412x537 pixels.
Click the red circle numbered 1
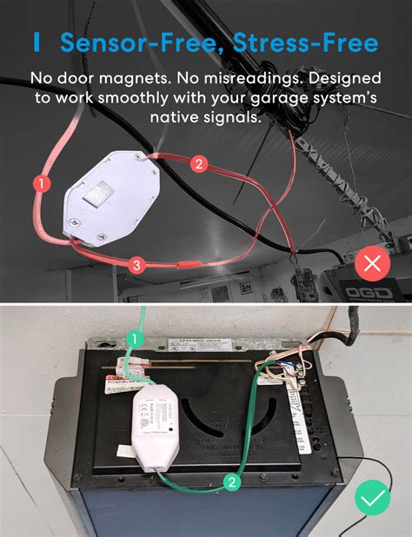point(39,182)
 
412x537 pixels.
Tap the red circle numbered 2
point(198,162)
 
